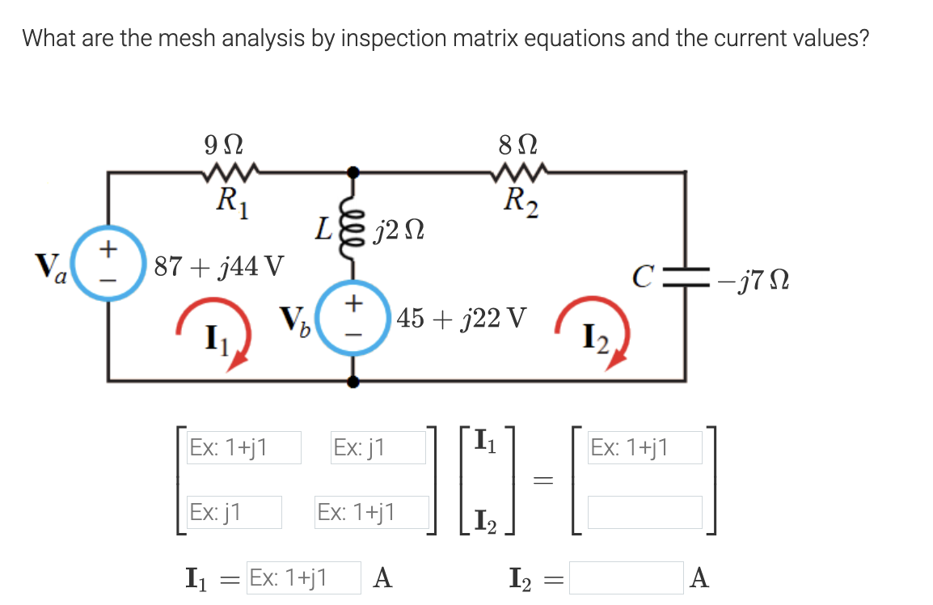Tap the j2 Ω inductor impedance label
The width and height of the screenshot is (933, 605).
(x=398, y=235)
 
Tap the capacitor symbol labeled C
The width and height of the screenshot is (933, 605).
(x=686, y=281)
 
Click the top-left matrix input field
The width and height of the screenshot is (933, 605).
(x=243, y=447)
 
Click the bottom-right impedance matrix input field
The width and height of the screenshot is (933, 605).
(x=371, y=513)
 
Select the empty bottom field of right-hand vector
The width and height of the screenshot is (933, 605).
(x=644, y=513)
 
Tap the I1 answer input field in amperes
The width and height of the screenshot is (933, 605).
(x=303, y=577)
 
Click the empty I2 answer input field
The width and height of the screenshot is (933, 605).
(x=626, y=577)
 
